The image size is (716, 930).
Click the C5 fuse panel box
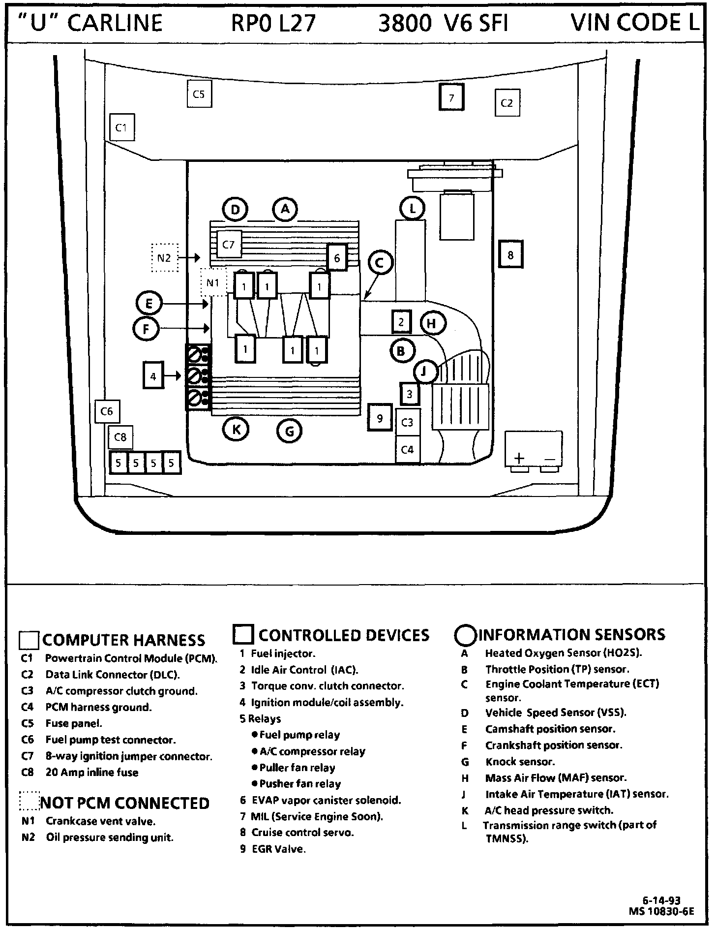[199, 94]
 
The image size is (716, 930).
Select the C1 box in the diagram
[121, 128]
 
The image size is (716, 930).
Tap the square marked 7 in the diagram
[451, 98]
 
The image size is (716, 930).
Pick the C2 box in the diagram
[507, 103]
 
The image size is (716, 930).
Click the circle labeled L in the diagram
[412, 209]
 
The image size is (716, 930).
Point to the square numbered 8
[510, 254]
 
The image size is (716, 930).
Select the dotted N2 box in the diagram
[164, 257]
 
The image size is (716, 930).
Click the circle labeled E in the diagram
[149, 304]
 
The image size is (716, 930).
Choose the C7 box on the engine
[229, 244]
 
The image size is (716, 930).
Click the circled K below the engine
[236, 429]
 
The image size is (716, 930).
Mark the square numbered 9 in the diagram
[380, 418]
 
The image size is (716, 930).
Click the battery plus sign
[519, 459]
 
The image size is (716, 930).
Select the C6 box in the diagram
[107, 411]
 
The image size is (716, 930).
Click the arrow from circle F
[184, 328]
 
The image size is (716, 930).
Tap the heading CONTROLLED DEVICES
[343, 635]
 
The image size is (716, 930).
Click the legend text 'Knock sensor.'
[520, 762]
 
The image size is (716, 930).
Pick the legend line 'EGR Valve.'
[278, 849]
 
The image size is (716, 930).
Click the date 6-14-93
[662, 901]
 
